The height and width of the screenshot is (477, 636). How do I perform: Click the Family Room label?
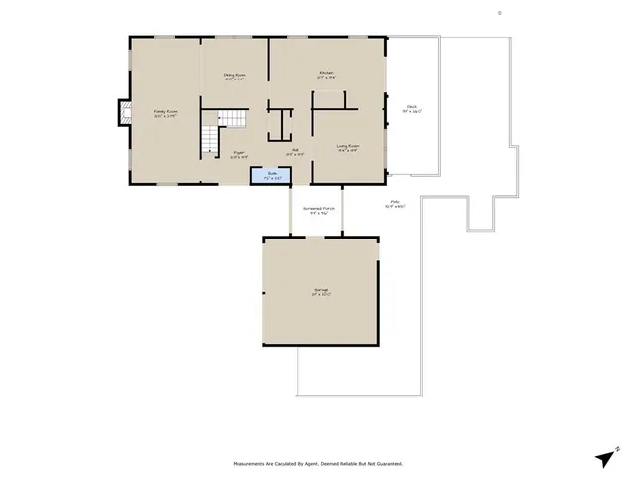[164, 111]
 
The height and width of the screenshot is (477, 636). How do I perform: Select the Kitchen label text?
[325, 73]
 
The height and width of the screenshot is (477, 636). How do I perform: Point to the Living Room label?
[347, 146]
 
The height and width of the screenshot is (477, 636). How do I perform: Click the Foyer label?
[238, 152]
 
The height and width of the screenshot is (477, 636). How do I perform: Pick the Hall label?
[294, 151]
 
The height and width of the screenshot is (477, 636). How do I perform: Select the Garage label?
[320, 290]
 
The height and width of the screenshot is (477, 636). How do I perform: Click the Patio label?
[395, 202]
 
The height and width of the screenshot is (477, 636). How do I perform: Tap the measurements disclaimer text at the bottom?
[318, 463]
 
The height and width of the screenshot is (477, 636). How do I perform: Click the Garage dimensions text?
[320, 295]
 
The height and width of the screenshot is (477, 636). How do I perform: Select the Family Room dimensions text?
[164, 116]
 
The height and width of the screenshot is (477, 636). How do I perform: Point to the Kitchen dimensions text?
[325, 78]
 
